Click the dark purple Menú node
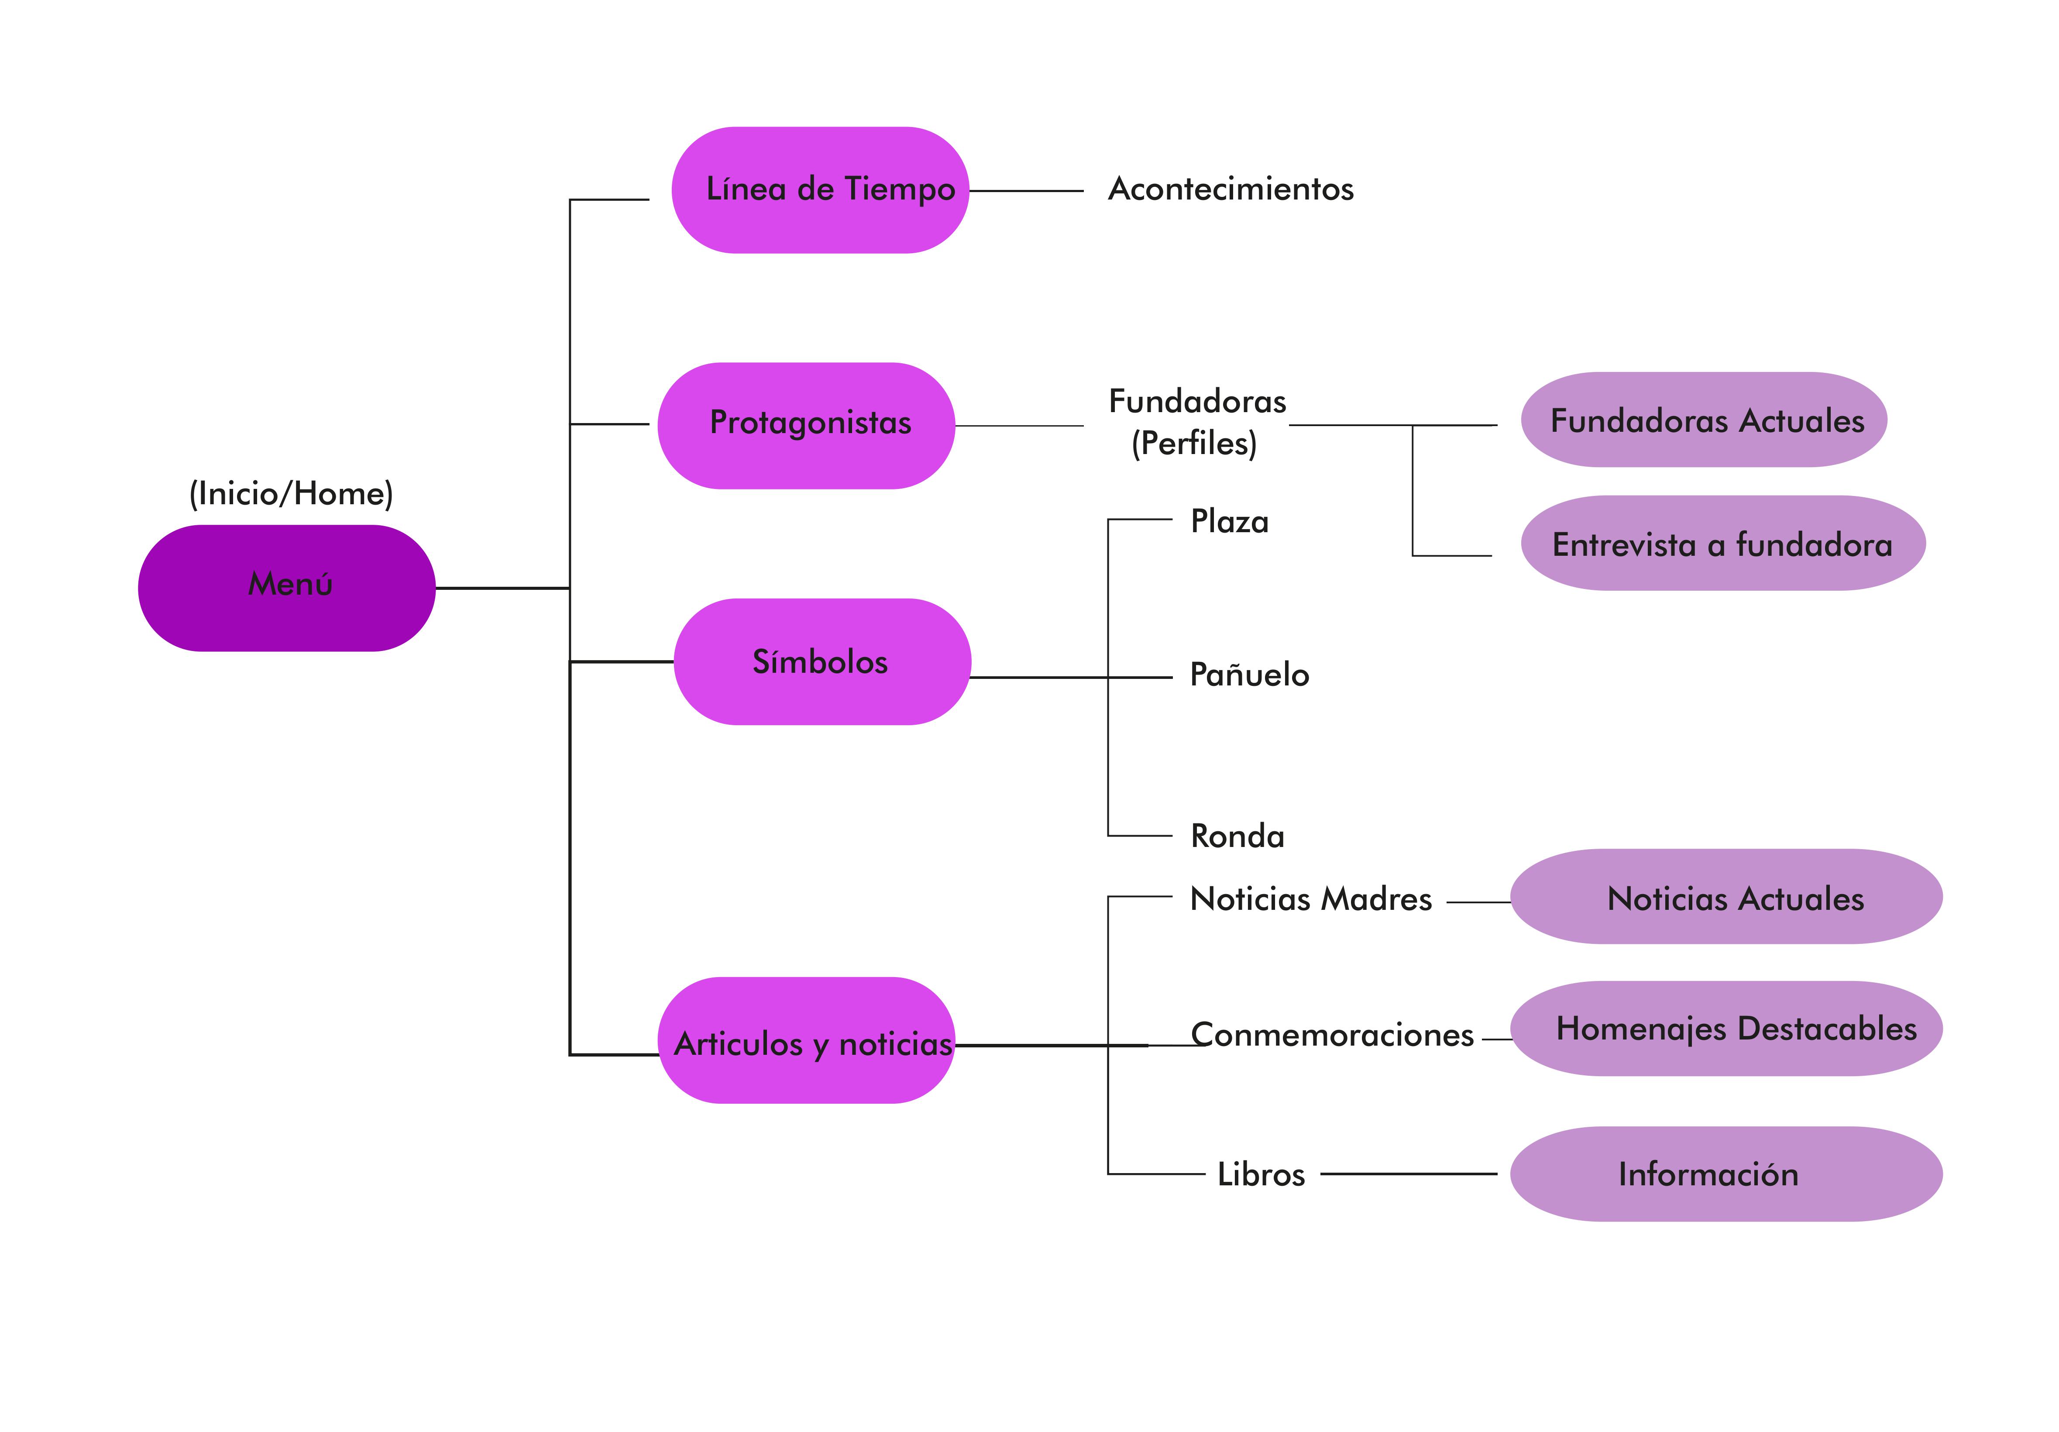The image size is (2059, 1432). click(287, 588)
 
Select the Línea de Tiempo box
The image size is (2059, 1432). click(821, 190)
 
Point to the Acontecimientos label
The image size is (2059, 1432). click(1231, 189)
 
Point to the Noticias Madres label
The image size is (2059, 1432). click(1310, 898)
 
